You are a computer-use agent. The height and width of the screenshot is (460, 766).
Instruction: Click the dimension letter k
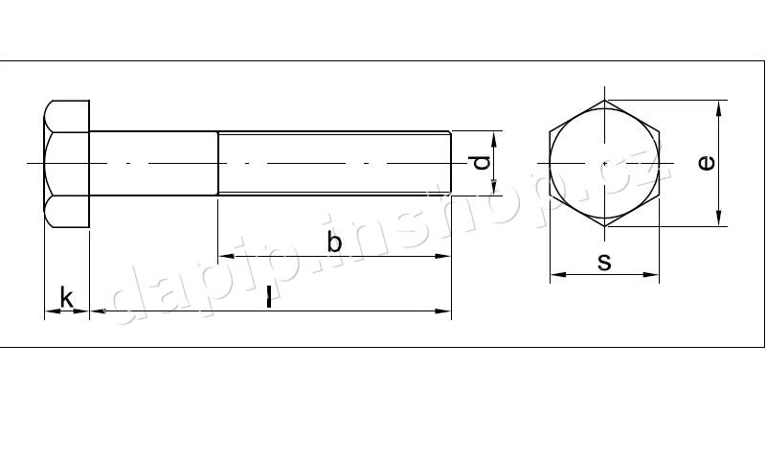(x=66, y=297)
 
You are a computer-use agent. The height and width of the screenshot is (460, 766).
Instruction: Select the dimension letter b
(x=334, y=241)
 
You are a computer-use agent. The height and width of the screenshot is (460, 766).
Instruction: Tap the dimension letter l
(x=269, y=297)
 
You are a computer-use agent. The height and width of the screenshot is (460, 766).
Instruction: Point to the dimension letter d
(x=482, y=163)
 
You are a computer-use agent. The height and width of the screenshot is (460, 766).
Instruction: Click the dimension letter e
(x=707, y=163)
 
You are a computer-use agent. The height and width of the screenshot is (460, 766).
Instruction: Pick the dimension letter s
(x=605, y=262)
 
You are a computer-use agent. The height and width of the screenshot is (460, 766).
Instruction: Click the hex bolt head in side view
(x=67, y=164)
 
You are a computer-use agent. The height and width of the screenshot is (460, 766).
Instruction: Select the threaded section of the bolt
(x=334, y=163)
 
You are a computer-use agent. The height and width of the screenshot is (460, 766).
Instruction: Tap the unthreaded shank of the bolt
(x=153, y=163)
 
